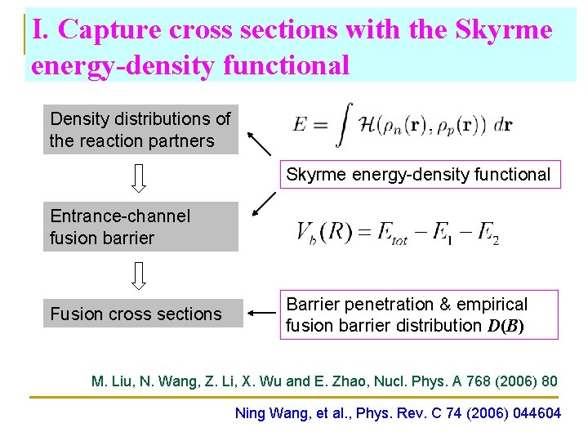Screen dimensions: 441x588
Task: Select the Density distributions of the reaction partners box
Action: [140, 130]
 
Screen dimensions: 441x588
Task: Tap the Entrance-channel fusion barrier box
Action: [140, 227]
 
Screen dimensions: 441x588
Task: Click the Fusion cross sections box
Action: [143, 314]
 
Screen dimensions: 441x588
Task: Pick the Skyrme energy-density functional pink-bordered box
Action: [418, 174]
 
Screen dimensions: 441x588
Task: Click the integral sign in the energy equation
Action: [347, 124]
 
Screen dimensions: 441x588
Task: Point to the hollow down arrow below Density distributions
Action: [140, 178]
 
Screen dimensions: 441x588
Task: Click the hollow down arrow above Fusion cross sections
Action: [140, 276]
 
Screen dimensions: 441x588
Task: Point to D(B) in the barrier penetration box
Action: [505, 326]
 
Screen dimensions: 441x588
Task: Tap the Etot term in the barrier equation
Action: [390, 234]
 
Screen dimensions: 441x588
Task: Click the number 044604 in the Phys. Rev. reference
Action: [532, 413]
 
